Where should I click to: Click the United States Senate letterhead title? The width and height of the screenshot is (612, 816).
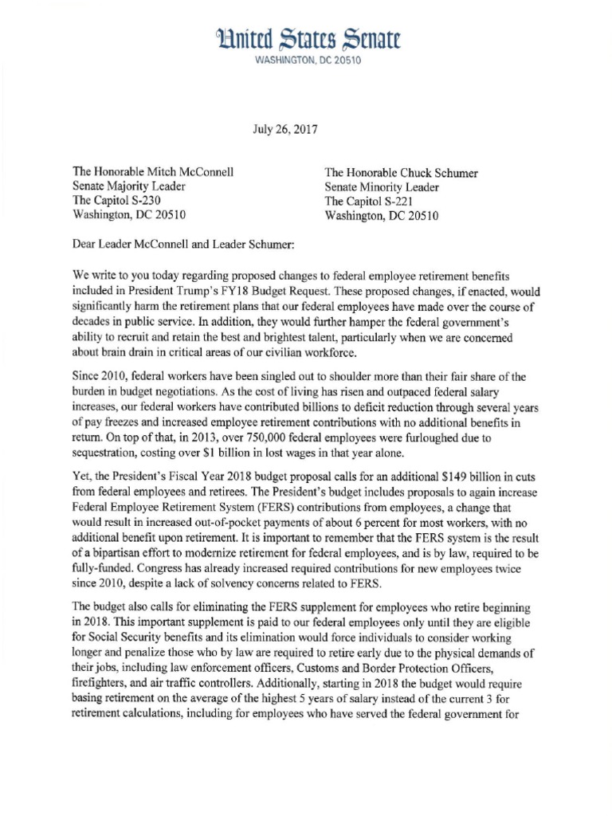(x=307, y=38)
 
